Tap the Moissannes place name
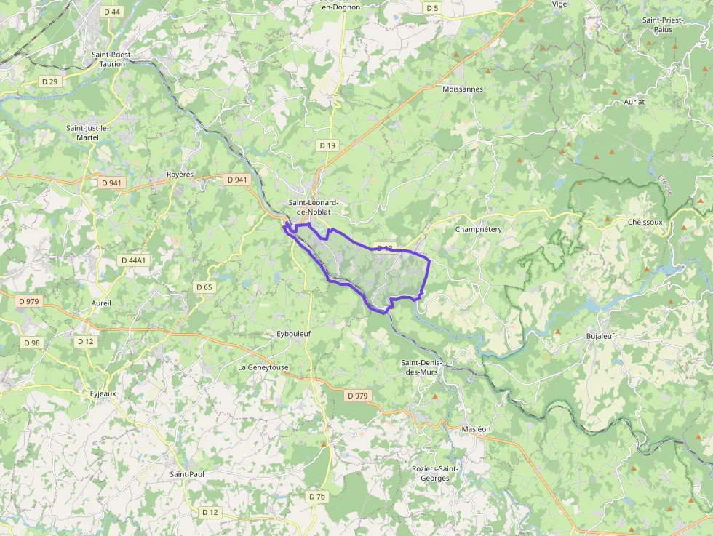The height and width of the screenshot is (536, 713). [x=462, y=89]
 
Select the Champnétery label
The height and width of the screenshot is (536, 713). [x=478, y=229]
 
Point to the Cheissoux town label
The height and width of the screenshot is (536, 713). [x=645, y=222]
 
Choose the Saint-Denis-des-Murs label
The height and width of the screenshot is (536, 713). [x=427, y=367]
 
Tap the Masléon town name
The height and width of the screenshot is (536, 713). [x=476, y=429]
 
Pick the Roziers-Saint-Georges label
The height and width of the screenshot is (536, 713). [x=434, y=473]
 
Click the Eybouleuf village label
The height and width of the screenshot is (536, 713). [x=294, y=333]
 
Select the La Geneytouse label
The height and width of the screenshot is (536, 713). [x=263, y=367]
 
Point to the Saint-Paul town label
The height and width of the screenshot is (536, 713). [x=187, y=474]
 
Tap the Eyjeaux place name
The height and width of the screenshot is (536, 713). [x=103, y=393]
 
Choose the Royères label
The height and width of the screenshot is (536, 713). [x=180, y=175]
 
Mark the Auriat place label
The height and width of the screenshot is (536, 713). [x=634, y=102]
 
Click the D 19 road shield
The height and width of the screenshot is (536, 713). [x=327, y=145]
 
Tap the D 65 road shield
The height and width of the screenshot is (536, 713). [x=204, y=287]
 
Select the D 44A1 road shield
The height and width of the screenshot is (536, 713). [x=134, y=260]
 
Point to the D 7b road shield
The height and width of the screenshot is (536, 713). [x=317, y=497]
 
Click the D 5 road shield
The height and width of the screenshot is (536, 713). [x=433, y=8]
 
